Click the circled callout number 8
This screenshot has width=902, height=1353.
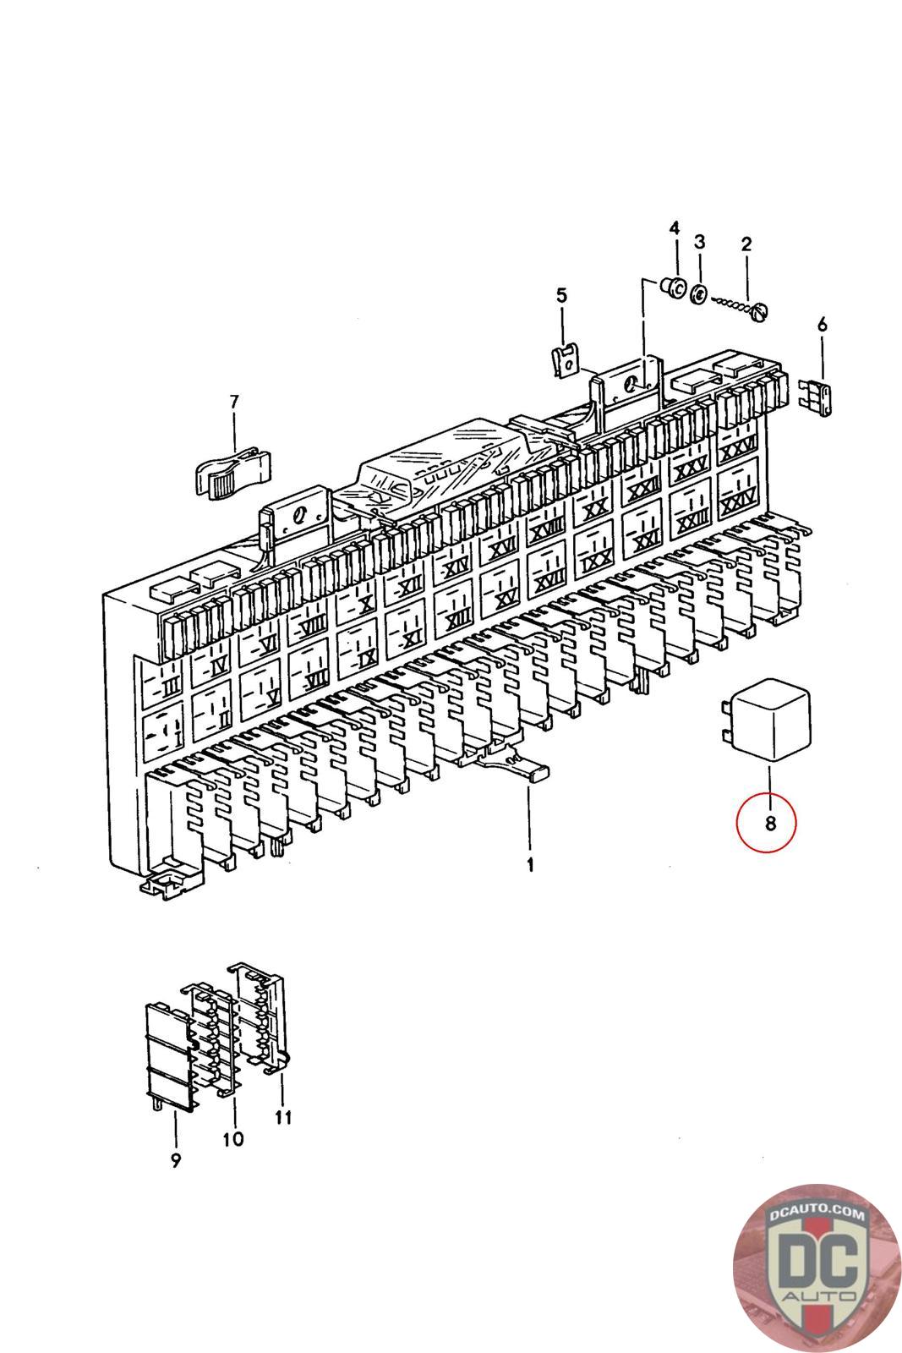tap(768, 821)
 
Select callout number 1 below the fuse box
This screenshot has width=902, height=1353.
tap(530, 865)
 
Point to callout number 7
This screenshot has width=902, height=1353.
tap(234, 402)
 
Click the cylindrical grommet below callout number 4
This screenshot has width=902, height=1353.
tap(674, 288)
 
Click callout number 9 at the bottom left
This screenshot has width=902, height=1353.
tap(175, 1160)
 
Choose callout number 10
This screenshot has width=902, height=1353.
tap(232, 1138)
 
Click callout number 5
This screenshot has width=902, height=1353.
tap(562, 296)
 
